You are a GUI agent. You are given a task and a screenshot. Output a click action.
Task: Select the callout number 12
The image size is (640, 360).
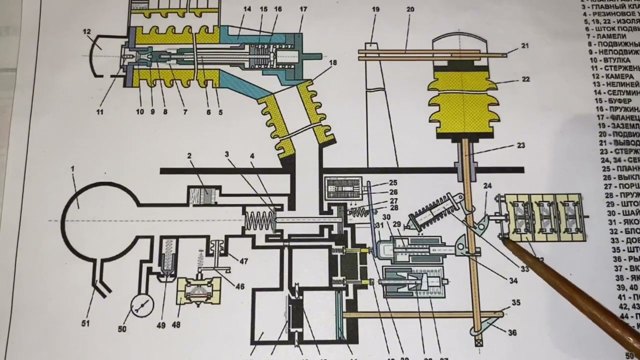coord(87,32)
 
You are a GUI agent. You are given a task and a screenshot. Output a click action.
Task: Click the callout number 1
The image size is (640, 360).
coord(72,169)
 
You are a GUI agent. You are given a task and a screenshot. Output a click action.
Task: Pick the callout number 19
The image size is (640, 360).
coord(376,9)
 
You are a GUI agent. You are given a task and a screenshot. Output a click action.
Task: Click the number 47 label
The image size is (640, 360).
coord(243,261)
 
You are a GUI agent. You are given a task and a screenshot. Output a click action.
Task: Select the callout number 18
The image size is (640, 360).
coord(333,63)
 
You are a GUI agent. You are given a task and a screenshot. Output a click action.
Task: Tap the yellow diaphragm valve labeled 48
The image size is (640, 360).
coord(194,291)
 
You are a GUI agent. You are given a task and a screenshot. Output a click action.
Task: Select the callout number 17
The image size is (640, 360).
coord(303,9)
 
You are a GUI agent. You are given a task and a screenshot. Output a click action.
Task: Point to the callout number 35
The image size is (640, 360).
coord(515,302)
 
